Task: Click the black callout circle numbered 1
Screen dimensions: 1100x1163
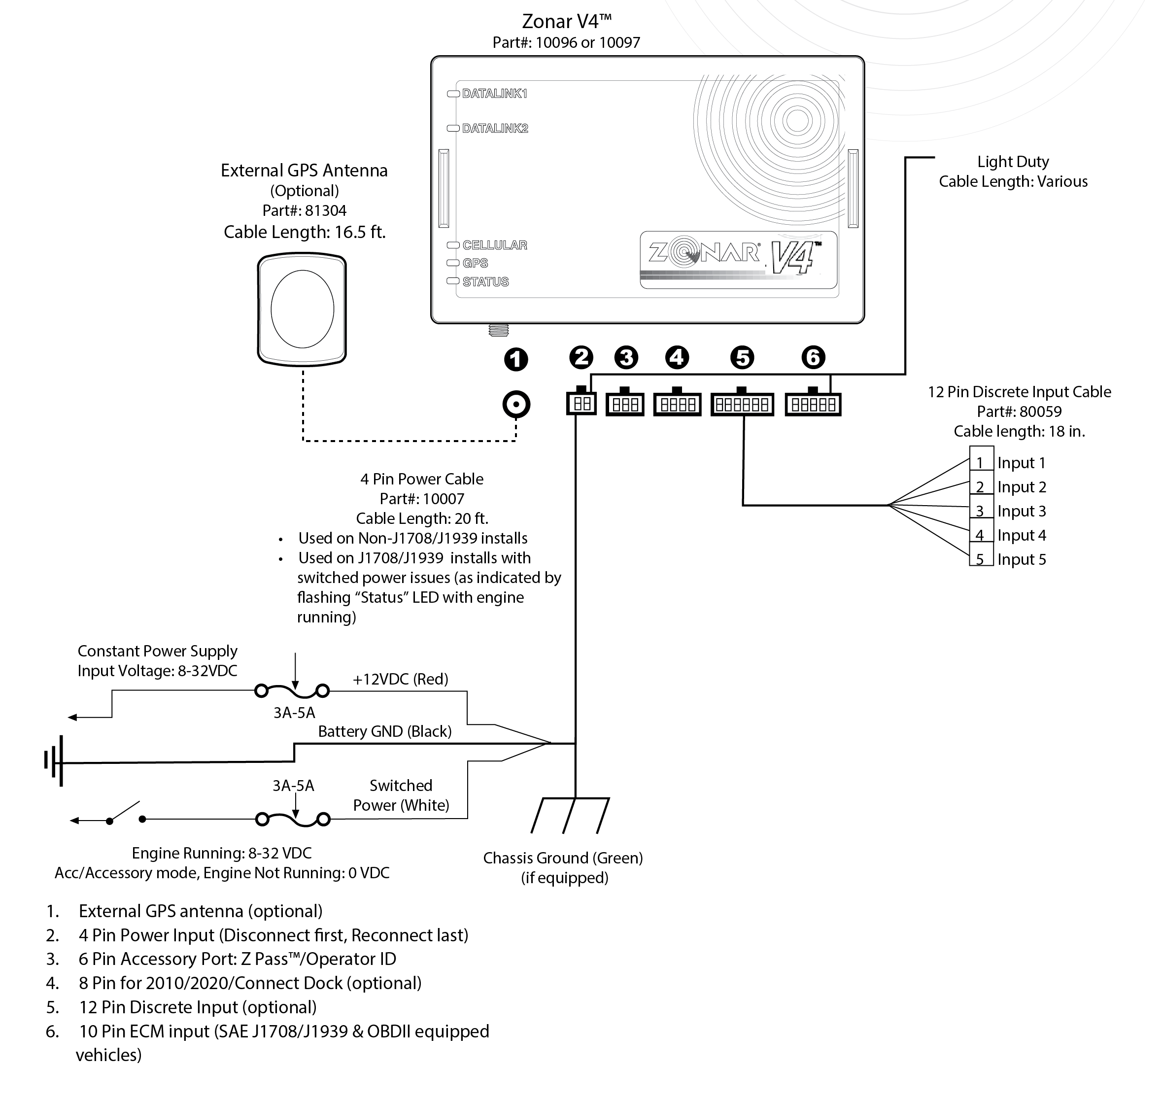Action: tap(516, 359)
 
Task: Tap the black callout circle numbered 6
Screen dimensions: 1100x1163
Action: tap(813, 357)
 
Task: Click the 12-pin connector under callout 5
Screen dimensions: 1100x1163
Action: tap(742, 404)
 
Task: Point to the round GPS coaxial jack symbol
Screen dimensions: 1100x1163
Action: tap(516, 404)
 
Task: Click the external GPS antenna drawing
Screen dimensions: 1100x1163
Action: tap(302, 309)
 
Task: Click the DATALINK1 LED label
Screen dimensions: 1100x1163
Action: tap(494, 94)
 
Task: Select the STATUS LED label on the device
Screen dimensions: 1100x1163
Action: tap(485, 282)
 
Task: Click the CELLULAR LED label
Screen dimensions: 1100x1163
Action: tap(494, 245)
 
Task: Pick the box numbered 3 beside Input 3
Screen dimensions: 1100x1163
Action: tap(980, 511)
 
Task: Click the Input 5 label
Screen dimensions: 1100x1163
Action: tap(1021, 559)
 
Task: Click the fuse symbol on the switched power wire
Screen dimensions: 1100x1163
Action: tap(293, 819)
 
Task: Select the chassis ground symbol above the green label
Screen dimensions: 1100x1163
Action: tap(570, 815)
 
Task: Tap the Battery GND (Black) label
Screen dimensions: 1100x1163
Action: tap(384, 732)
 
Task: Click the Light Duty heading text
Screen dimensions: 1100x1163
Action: tap(1012, 162)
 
